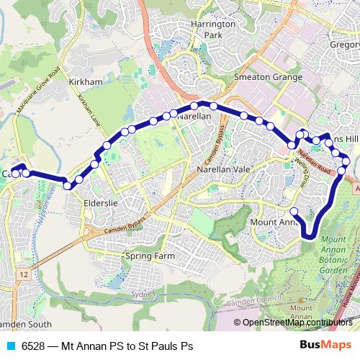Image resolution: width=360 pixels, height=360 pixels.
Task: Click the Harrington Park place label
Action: (214, 29)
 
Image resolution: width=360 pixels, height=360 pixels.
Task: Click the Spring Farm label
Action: (150, 256)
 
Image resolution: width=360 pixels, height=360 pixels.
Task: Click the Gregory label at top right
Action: (344, 45)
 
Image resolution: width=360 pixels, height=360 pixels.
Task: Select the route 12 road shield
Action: (24, 274)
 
